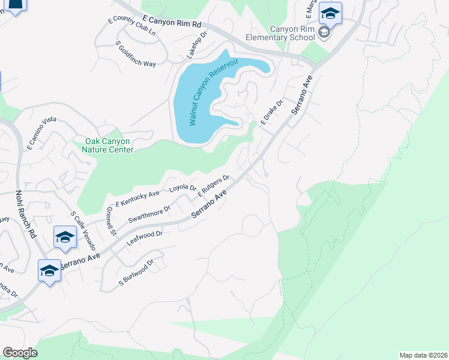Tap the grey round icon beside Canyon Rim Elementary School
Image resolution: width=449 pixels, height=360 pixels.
tap(325, 32)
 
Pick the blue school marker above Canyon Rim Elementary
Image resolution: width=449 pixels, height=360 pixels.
tap(330, 13)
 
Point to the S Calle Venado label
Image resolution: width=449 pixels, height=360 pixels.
tap(83, 231)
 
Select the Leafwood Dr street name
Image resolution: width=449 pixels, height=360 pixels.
tap(145, 238)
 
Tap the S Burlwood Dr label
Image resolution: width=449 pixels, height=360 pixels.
tap(137, 271)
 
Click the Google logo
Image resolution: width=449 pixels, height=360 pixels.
tap(20, 353)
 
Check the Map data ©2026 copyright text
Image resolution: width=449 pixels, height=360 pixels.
tap(423, 355)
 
